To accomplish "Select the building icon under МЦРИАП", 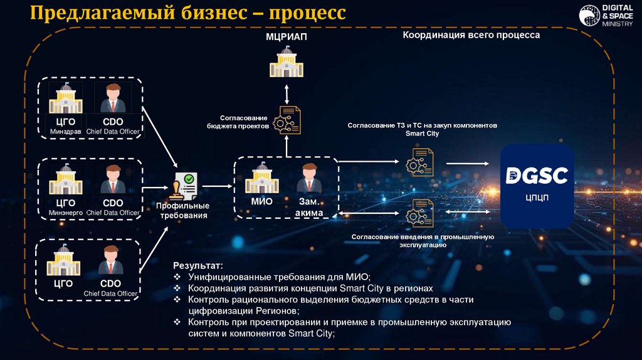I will point(286,63).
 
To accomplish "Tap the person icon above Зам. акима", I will point(308,178).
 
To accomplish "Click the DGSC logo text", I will point(539,175).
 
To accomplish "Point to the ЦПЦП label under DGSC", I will point(539,196).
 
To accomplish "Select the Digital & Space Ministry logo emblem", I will point(589,16).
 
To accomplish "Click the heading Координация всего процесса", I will point(471,36).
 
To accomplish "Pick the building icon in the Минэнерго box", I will point(65,179).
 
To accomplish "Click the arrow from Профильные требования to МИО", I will point(217,186).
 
